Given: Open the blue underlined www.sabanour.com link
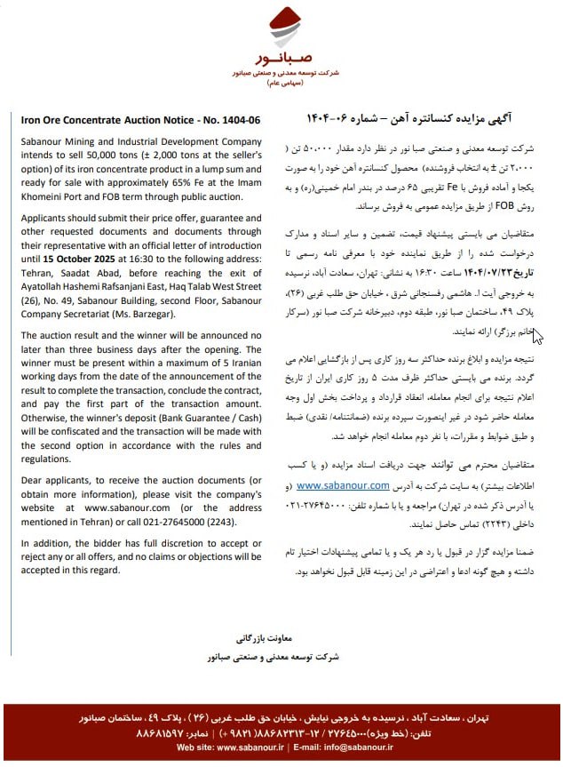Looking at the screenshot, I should [342, 485].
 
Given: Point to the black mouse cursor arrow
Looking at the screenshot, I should [538, 336].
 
